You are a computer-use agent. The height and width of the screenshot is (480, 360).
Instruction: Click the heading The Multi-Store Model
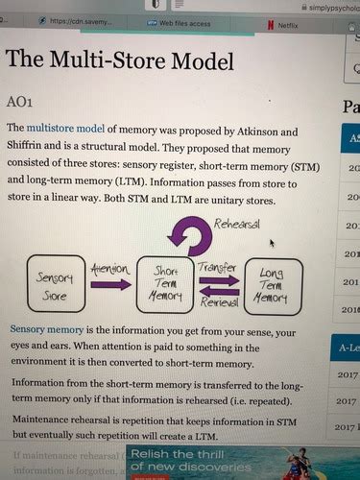point(119,60)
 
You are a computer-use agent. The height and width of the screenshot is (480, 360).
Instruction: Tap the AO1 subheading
point(21,101)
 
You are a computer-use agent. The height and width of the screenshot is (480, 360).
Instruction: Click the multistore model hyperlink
point(68,128)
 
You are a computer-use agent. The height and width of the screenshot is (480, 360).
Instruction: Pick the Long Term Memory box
point(273,285)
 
